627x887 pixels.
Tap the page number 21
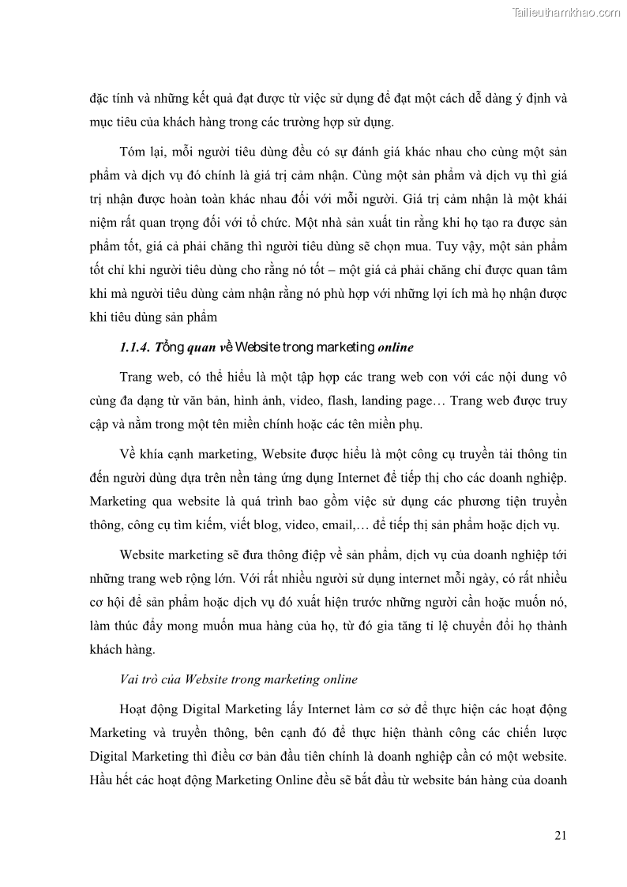[560, 836]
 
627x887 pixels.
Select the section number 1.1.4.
[137, 347]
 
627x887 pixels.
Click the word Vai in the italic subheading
[130, 679]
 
